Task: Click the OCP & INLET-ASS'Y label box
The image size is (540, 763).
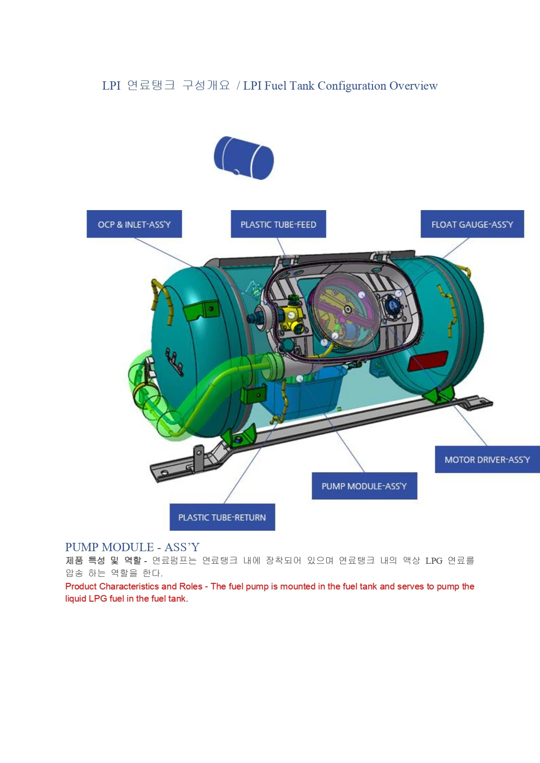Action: point(134,224)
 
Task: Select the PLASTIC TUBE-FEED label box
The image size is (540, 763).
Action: point(278,224)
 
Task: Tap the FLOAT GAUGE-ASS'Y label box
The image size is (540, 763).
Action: point(472,224)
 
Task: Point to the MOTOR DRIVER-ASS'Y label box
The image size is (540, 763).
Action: point(487,459)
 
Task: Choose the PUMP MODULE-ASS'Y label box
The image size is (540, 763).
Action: point(364,486)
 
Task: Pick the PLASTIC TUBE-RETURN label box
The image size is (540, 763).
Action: point(222,517)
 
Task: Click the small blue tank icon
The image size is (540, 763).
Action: point(244,157)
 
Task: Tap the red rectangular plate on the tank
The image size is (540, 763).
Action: point(428,361)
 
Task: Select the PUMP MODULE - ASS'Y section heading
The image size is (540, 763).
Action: point(132,547)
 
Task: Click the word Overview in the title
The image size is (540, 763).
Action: point(413,86)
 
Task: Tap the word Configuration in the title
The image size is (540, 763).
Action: point(352,86)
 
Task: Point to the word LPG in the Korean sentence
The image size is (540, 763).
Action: point(434,561)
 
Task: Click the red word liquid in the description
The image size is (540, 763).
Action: point(76,599)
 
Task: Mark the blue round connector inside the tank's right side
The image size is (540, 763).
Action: point(393,305)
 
